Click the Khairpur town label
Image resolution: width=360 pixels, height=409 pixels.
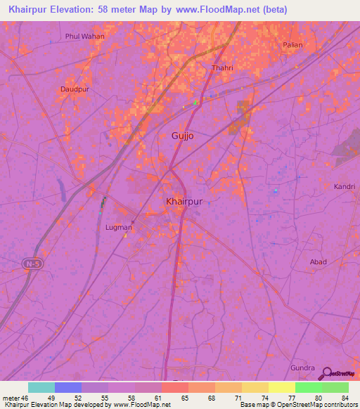184,201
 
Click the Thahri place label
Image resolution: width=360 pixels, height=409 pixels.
221,68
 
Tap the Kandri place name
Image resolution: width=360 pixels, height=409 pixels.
345,187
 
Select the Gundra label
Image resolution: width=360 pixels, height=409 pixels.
303,368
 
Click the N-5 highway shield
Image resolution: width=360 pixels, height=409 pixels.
31,264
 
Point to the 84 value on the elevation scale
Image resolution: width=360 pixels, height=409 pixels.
345,398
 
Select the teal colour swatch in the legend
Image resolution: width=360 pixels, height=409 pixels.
41,387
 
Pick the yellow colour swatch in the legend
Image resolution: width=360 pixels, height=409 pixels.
282,387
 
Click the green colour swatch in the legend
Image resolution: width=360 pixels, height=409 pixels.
309,387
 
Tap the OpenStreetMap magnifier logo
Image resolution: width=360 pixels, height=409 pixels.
326,373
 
